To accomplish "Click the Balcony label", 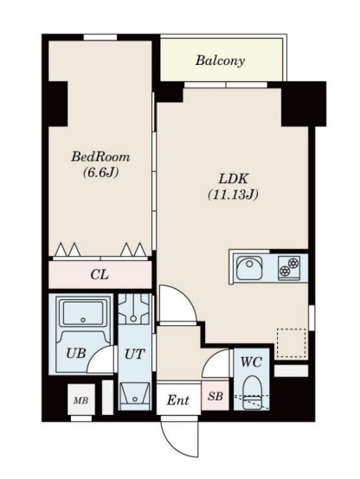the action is point(220,61).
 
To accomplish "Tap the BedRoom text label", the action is point(100,157).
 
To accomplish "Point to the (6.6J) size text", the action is point(100,173).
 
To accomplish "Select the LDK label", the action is point(233,179).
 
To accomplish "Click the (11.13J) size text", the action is point(233,195).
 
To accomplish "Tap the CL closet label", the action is point(100,275).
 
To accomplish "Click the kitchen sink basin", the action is point(249,268).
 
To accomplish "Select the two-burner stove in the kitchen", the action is point(289,267).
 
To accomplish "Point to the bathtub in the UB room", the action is point(83,313).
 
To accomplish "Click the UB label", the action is point(76,353).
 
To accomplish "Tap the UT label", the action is point(134,354).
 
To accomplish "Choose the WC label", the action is point(251,362).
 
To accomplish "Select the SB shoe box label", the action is point(215,396).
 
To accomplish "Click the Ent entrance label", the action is point(177,400).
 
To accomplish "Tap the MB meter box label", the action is point(81,400).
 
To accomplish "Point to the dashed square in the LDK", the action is point(291,343).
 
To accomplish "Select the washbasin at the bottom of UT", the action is point(135,396).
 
